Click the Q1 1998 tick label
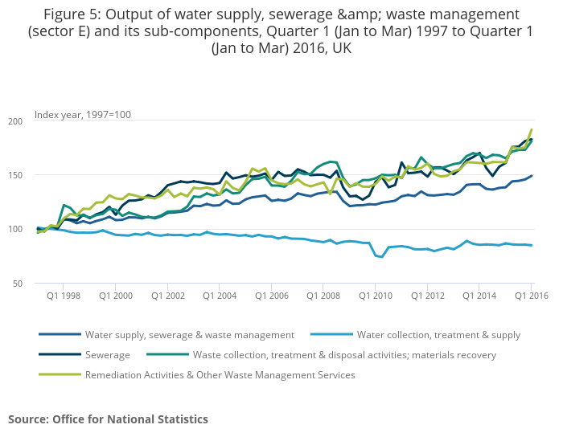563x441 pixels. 63,296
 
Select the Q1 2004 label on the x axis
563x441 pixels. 219,296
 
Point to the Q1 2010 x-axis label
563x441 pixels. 375,296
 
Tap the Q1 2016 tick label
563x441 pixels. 530,296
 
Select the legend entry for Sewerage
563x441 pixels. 107,354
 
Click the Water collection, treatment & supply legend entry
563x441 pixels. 438,335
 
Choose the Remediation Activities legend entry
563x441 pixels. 220,374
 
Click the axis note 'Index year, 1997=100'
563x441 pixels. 82,115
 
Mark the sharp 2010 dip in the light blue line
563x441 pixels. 381,257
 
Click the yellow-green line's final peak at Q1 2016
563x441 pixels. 532,130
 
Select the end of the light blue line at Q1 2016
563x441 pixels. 532,245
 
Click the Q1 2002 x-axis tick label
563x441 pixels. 166,296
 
